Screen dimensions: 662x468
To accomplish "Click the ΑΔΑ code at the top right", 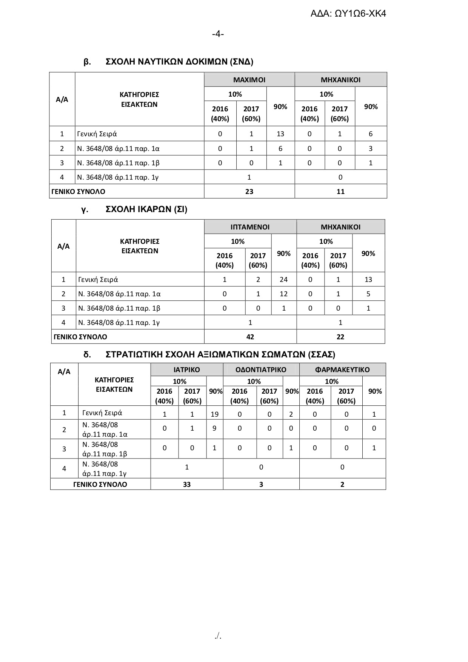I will coord(348,14).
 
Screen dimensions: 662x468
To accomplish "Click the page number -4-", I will coord(218,34).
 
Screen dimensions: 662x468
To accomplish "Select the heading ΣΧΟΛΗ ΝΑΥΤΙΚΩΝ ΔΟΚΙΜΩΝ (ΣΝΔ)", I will coord(179,62).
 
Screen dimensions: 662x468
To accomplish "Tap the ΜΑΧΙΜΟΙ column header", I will coord(249,80).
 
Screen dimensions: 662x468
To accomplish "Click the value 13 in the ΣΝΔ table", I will coord(280,134).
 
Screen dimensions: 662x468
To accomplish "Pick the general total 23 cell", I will coord(249,191).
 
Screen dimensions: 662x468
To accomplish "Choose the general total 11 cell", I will coord(340,191).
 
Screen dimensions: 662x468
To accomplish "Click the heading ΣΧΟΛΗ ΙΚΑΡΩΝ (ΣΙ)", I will coord(146,209).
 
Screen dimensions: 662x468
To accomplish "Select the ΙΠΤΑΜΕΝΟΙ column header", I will coord(250,227).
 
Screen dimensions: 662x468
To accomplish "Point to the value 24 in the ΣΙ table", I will coord(283,280).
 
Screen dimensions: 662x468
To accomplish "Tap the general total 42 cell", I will coord(250,337).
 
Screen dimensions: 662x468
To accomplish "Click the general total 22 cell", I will coord(340,337).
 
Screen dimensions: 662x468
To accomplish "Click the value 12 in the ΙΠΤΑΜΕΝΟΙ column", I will coord(283,294).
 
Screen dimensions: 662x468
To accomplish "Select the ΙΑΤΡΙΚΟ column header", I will coord(187,369).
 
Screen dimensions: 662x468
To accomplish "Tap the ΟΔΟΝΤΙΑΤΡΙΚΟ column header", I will coord(261,369).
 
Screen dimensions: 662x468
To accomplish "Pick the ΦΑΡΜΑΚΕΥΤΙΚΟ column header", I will coord(342,369).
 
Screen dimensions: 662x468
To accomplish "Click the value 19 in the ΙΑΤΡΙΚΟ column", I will coord(214,414).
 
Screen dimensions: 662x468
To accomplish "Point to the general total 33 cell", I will coord(187,484).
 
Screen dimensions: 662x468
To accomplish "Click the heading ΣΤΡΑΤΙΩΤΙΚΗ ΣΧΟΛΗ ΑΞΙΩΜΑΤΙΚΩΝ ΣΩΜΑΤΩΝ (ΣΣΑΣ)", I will coord(220,355).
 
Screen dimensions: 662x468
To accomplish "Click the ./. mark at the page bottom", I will coord(218,636).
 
